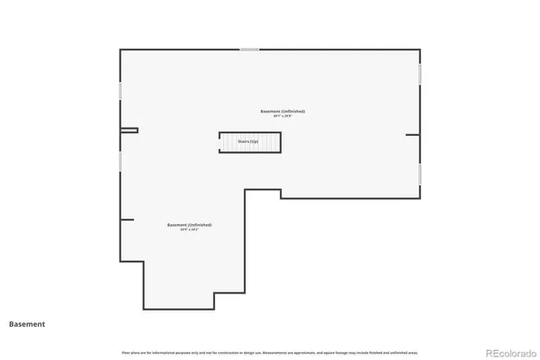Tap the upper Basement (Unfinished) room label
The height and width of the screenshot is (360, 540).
tap(276, 112)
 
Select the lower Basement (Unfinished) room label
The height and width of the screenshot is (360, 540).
tap(189, 225)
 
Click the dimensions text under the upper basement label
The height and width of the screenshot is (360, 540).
tap(276, 117)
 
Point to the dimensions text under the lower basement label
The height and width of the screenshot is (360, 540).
tap(189, 230)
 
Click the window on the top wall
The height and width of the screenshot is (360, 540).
tap(249, 49)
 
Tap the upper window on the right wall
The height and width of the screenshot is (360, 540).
tap(419, 74)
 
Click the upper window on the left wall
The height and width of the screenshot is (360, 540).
tap(121, 91)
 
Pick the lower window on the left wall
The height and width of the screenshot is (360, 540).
tap(121, 161)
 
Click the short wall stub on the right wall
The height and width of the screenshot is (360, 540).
tap(412, 135)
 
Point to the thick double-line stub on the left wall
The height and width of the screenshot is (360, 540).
tap(130, 130)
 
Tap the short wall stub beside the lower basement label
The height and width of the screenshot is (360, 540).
tap(127, 219)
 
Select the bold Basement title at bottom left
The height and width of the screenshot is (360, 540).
tap(27, 324)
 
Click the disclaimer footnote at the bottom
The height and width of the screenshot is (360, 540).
tap(270, 350)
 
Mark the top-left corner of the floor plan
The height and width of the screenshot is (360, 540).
tap(121, 49)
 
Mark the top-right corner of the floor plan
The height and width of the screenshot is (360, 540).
tap(419, 49)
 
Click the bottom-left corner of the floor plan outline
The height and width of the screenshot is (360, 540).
tap(144, 309)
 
